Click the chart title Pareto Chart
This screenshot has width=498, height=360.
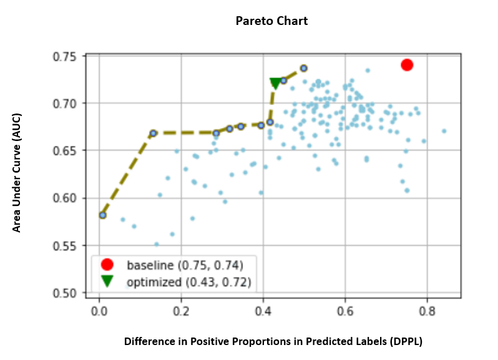click(271, 21)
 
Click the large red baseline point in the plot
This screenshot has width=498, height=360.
click(407, 65)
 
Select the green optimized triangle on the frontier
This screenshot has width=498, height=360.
click(275, 84)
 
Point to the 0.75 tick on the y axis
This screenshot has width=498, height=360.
click(66, 57)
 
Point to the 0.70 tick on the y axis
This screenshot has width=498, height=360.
click(66, 103)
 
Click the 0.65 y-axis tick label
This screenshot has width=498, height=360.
click(66, 150)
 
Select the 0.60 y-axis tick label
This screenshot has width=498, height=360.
click(66, 198)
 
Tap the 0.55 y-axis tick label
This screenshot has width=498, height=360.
click(66, 245)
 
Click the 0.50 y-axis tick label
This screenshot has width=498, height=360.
click(66, 293)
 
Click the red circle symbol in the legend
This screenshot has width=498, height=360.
click(107, 265)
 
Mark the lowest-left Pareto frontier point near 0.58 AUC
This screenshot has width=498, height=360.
click(103, 215)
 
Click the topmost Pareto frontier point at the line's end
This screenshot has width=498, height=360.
click(303, 68)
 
